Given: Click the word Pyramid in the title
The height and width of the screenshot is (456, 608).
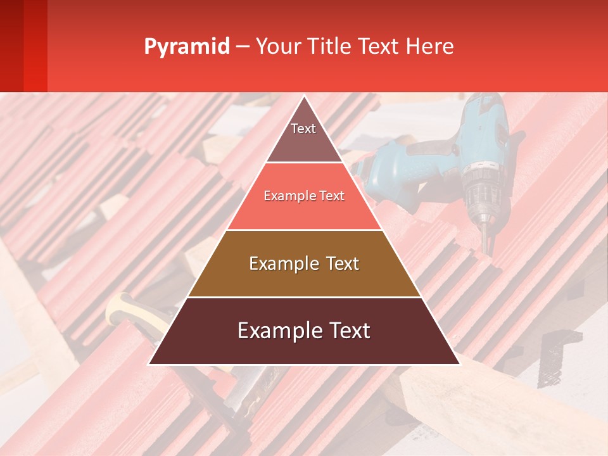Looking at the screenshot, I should click(187, 46).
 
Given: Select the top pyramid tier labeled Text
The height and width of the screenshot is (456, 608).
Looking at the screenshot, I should click(303, 136).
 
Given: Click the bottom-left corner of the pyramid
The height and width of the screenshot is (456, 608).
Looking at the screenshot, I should click(149, 364).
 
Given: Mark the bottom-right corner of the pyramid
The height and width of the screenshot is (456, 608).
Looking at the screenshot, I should click(459, 364).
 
